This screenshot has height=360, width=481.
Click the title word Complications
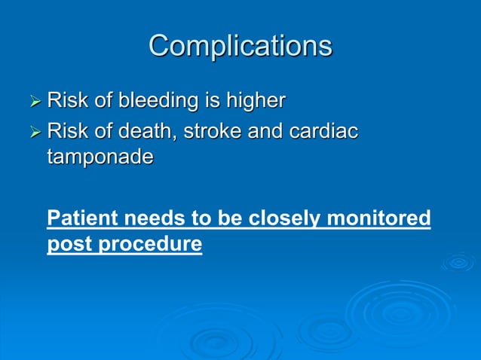(240, 46)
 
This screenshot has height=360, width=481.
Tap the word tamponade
(100, 157)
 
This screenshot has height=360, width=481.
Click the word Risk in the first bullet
(66, 100)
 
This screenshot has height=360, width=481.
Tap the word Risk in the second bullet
(66, 133)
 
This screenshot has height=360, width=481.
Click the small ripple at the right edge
(458, 262)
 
